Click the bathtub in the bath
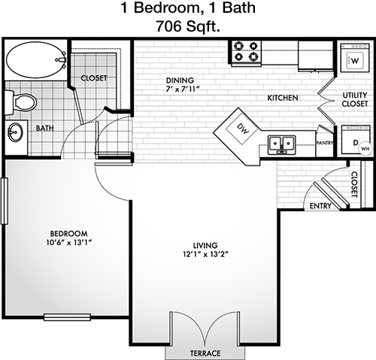tap(36, 60)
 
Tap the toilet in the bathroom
tap(21, 102)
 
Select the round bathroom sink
tap(15, 132)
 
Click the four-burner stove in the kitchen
tap(246, 53)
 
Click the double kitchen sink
tap(281, 145)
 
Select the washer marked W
tap(355, 58)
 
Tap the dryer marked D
tap(356, 140)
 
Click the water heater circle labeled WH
tap(365, 148)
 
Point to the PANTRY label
tap(325, 143)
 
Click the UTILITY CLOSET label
tap(355, 99)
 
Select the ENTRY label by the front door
tap(320, 206)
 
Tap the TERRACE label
tap(205, 353)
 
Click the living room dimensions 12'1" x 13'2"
tap(205, 255)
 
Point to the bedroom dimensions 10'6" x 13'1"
tap(68, 243)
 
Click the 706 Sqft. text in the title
tap(188, 26)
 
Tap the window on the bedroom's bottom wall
tap(67, 317)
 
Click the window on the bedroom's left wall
tap(5, 201)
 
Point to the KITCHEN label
tap(283, 98)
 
